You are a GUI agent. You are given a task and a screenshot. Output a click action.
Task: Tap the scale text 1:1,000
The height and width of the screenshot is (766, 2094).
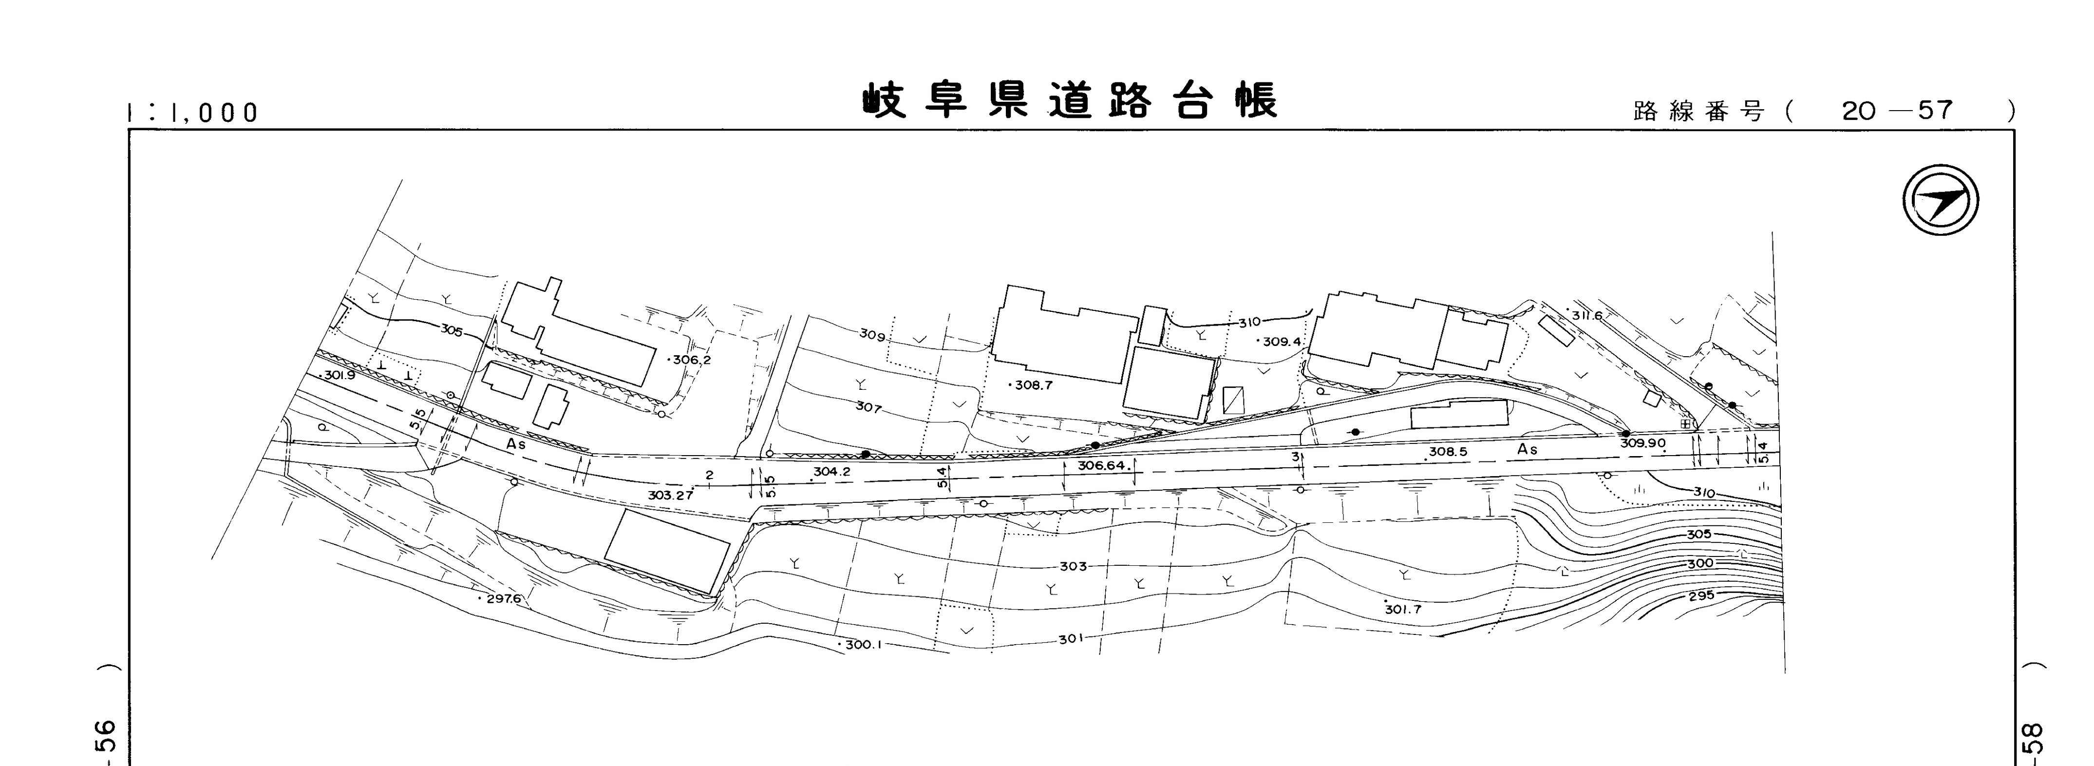pyautogui.click(x=193, y=112)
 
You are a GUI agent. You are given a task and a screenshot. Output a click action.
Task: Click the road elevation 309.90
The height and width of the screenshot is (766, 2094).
pyautogui.click(x=1643, y=444)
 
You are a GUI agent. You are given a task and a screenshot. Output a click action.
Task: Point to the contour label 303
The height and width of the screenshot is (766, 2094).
pyautogui.click(x=1073, y=566)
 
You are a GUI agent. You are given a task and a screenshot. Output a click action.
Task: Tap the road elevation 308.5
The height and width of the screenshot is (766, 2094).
pyautogui.click(x=1449, y=452)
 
